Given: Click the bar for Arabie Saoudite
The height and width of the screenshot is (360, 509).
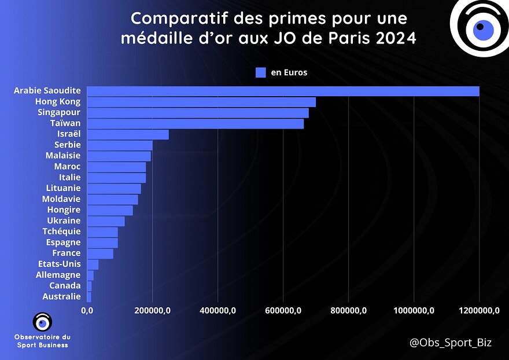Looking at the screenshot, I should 283,91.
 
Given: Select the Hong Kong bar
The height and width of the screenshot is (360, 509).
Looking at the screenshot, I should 201,102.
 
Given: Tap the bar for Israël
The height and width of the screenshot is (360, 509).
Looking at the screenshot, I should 128,134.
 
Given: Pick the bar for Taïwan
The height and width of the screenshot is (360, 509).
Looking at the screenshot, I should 195,123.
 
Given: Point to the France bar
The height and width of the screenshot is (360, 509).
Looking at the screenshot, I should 100,254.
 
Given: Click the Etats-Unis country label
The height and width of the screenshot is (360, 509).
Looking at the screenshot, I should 60,264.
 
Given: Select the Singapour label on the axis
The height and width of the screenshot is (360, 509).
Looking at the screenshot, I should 59,112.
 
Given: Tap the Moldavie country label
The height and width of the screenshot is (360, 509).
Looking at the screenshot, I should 61,199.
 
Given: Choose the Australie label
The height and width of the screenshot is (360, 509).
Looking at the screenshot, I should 62,296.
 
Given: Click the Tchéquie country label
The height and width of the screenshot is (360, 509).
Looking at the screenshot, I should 62,232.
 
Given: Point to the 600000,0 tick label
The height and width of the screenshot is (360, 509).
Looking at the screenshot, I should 283,311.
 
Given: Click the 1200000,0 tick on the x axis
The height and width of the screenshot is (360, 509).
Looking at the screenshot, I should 479,311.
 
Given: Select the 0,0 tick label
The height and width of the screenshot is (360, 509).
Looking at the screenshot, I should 87,311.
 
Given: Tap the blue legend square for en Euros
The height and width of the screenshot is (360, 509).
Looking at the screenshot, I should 260,72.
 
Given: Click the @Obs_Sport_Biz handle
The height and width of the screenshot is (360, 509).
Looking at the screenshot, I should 451,343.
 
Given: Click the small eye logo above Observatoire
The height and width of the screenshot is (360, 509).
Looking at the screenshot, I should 42,322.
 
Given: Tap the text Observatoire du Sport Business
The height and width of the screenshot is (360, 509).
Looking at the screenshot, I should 42,341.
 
